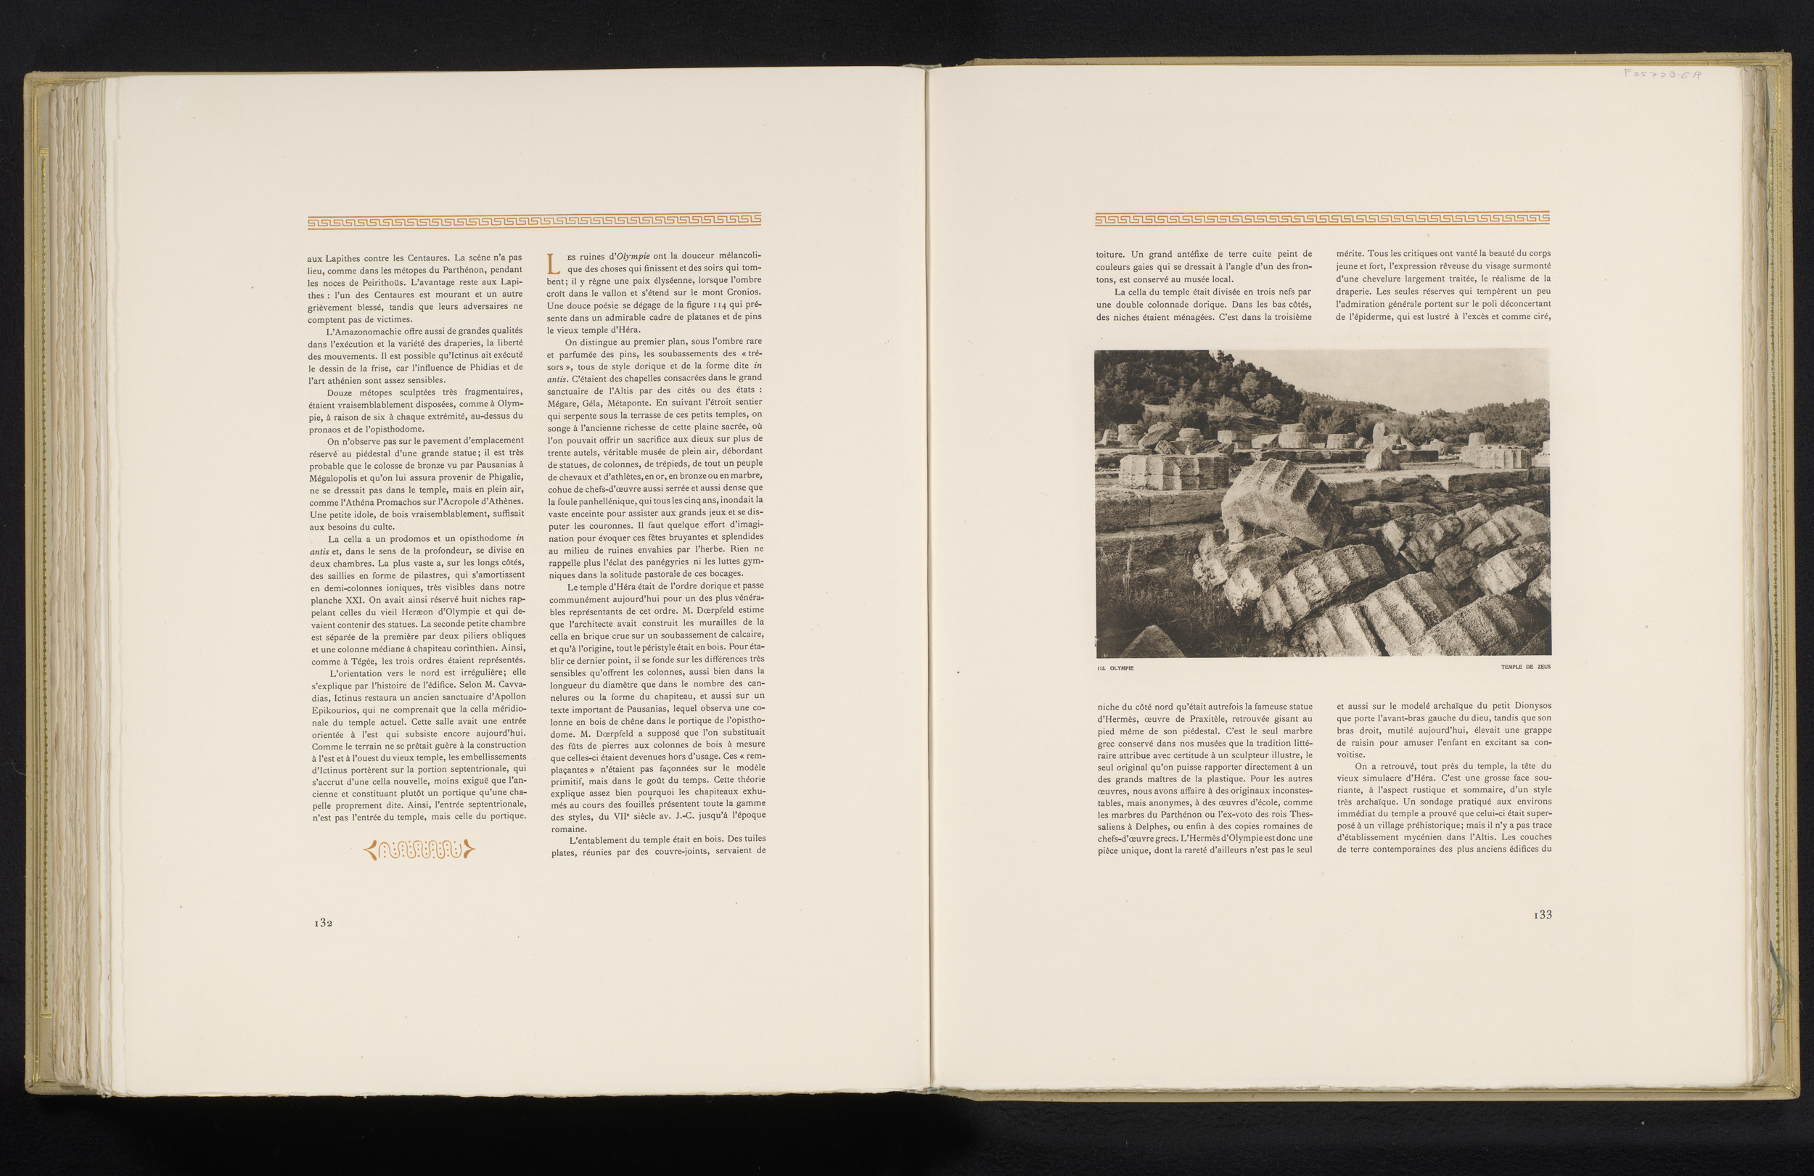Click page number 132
[323, 922]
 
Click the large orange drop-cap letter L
[555, 263]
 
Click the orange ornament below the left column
[419, 849]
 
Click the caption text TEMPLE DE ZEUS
[1525, 667]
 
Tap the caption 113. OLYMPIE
[1115, 668]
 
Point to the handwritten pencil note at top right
[1662, 75]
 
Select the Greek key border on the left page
[534, 221]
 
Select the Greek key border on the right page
[1321, 219]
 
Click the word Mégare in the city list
[563, 403]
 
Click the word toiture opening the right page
[1110, 255]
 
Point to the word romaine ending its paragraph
[568, 828]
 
